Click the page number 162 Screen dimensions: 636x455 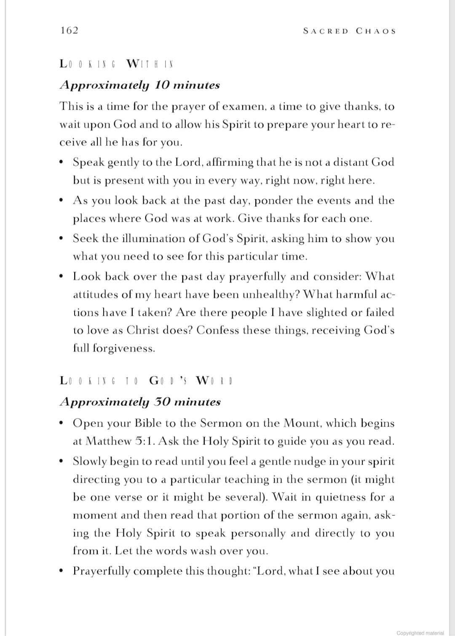tap(69, 30)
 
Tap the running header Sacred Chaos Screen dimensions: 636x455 tap(349, 31)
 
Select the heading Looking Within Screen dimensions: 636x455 tap(117, 64)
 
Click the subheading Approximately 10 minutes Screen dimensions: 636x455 tap(140, 85)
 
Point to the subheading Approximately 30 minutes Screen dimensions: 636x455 tap(140, 402)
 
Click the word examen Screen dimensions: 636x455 tap(240, 106)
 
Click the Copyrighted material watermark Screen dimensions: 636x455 tap(420, 633)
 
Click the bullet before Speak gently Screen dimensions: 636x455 tap(62, 162)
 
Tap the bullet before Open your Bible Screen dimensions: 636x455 tap(62, 423)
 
